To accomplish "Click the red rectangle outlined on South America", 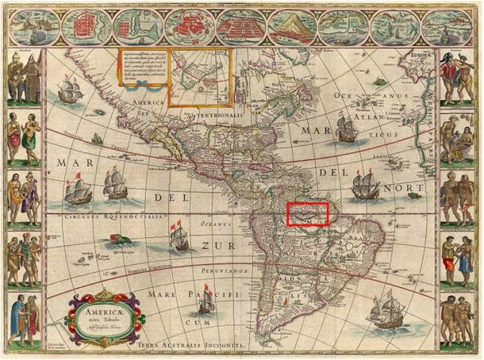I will pos(307,215).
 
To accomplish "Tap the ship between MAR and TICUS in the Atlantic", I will pos(346,128).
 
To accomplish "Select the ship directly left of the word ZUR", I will pos(177,236).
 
